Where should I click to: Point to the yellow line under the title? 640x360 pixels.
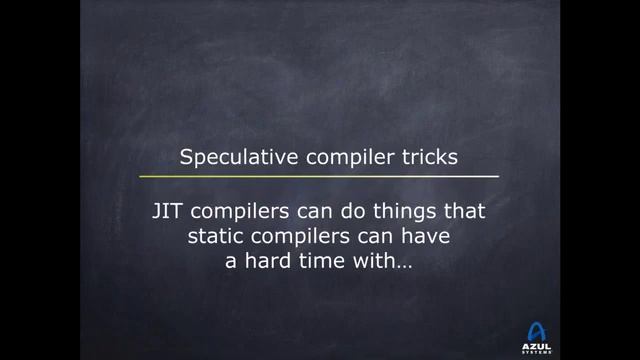coord(319,176)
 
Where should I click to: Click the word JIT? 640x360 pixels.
coord(164,212)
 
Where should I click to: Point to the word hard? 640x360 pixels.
coord(262,264)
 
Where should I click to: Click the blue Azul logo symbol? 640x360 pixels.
coord(537,331)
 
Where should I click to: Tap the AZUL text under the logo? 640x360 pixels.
coord(537,346)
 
